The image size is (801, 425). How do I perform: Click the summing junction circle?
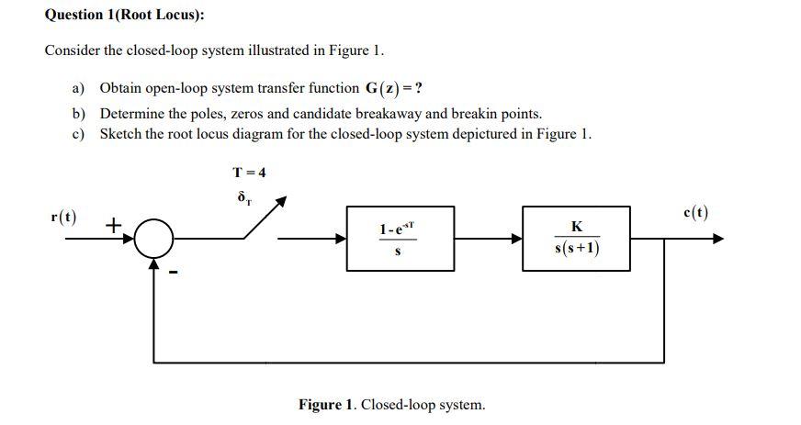click(155, 239)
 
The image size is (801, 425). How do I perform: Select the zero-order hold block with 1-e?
click(400, 239)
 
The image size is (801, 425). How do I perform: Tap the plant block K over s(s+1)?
click(576, 239)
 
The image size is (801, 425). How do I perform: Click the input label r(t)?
click(63, 218)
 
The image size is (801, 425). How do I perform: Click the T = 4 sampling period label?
click(248, 172)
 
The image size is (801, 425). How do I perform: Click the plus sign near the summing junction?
click(115, 224)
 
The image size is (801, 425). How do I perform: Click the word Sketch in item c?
click(119, 134)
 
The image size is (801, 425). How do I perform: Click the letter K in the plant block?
click(576, 226)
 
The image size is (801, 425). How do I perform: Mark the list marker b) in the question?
click(79, 115)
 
